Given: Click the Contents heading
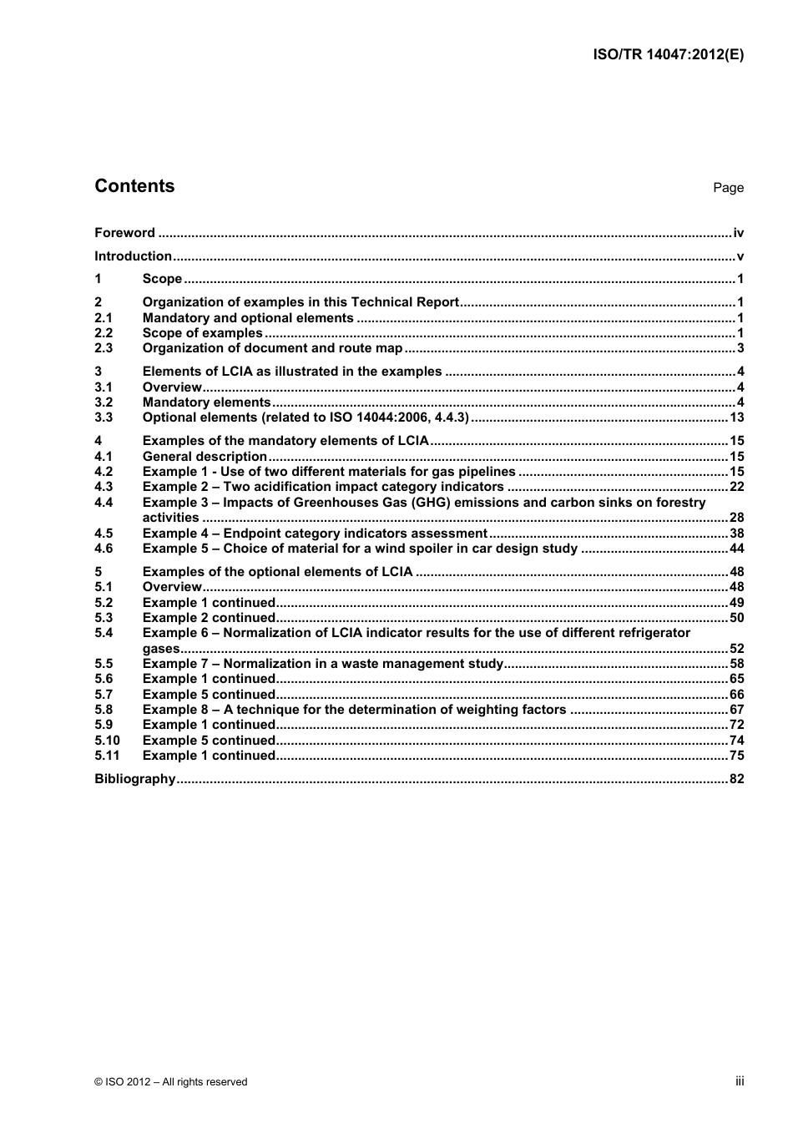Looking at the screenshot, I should pyautogui.click(x=134, y=186).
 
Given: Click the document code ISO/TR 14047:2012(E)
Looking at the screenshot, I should pyautogui.click(x=668, y=54).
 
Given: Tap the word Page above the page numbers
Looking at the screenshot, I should pyautogui.click(x=728, y=188).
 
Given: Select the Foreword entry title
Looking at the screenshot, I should pyautogui.click(x=124, y=233).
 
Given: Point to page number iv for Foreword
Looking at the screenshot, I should pyautogui.click(x=738, y=233).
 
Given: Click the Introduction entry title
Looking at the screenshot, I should pyautogui.click(x=133, y=256).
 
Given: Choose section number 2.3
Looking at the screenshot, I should pyautogui.click(x=104, y=348).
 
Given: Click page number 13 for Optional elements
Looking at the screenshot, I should pyautogui.click(x=736, y=417).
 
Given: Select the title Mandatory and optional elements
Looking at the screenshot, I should pyautogui.click(x=248, y=318).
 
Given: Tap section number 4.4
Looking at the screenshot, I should pyautogui.click(x=104, y=503).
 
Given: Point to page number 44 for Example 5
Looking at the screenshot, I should pyautogui.click(x=736, y=549).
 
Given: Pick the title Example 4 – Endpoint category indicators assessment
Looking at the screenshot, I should pyautogui.click(x=315, y=534).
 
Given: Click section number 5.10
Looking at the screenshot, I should pyautogui.click(x=107, y=741).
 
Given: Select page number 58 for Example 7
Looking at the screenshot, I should pyautogui.click(x=736, y=664).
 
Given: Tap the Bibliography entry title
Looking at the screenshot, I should pyautogui.click(x=134, y=779).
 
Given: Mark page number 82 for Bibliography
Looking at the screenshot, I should pyautogui.click(x=736, y=779).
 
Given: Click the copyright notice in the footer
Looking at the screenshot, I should pyautogui.click(x=171, y=1082).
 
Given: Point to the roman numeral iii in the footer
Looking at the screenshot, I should pyautogui.click(x=740, y=1081).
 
